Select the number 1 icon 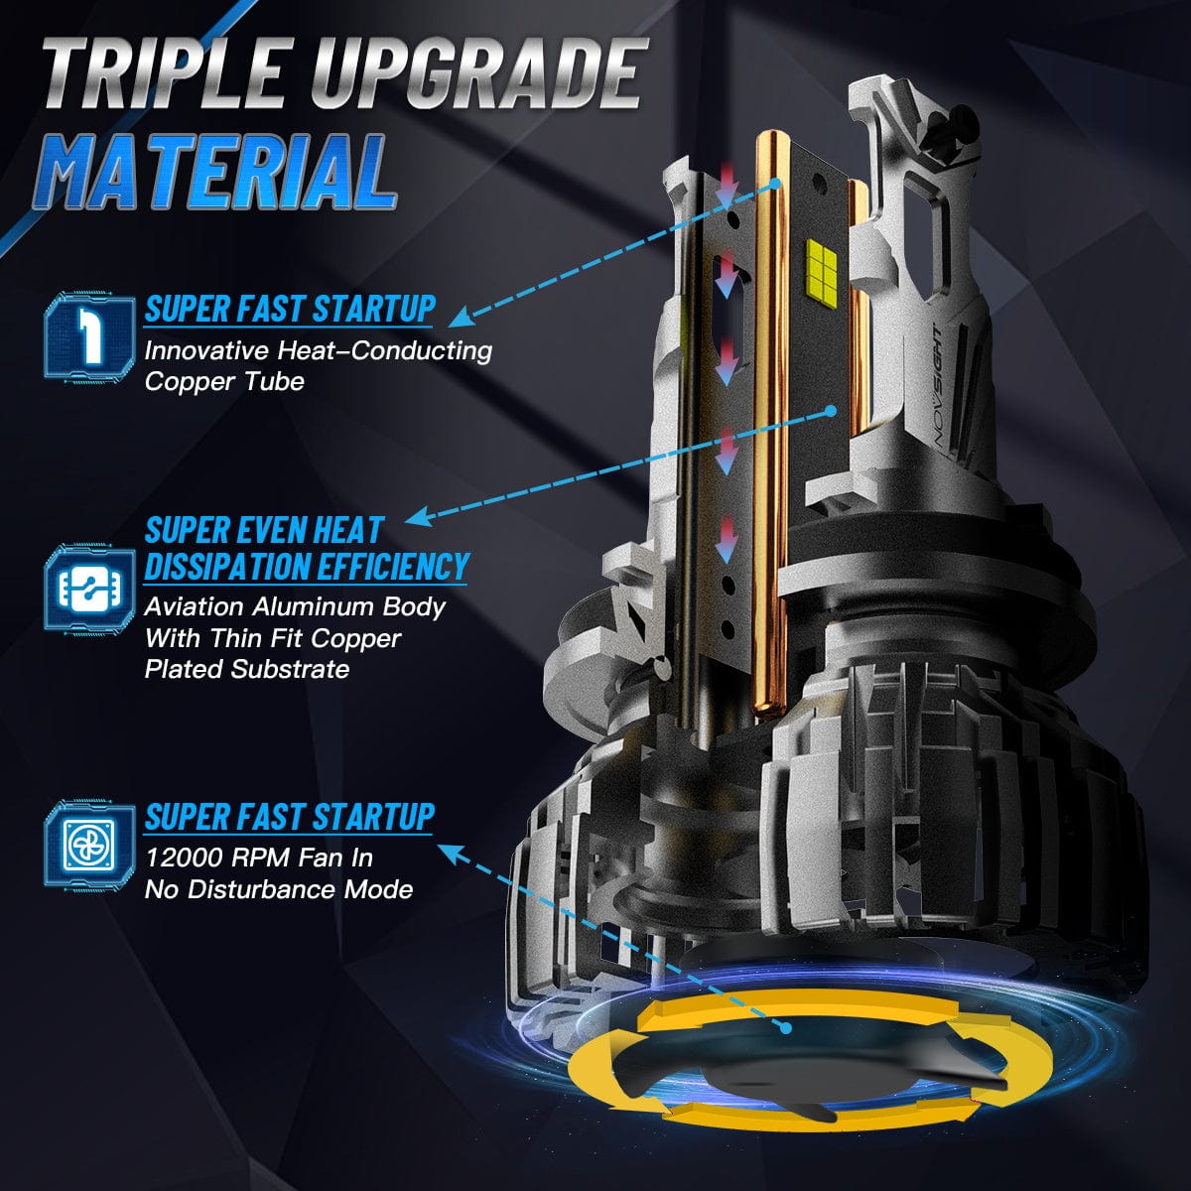(90, 335)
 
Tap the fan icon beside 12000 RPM (90, 844)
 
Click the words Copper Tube (225, 382)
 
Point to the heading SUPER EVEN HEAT (265, 530)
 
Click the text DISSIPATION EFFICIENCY (307, 566)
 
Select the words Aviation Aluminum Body (296, 607)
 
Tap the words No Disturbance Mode (279, 890)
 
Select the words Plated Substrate (247, 669)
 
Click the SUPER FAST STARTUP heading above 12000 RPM (290, 817)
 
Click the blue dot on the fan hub (785, 1029)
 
